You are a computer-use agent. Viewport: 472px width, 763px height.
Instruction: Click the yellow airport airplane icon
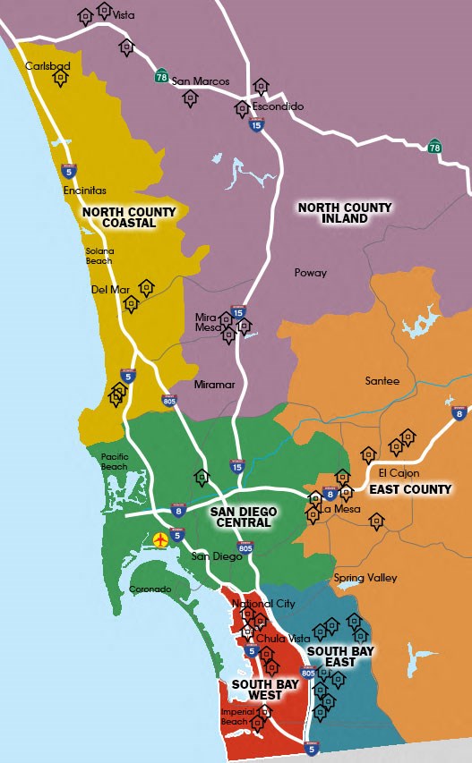[x=160, y=539]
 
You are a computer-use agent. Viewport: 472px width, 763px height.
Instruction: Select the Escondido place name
[x=278, y=106]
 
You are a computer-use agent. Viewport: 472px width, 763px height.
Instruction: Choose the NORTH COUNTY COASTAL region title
[x=129, y=217]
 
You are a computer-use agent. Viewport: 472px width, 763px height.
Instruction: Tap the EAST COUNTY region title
[x=410, y=489]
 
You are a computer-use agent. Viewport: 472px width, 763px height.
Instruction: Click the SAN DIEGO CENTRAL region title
[x=243, y=518]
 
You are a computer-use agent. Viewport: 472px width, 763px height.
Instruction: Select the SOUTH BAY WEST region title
[x=258, y=690]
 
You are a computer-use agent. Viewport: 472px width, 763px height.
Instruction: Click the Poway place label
[x=310, y=273]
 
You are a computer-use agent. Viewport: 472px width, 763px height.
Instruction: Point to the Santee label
[x=382, y=381]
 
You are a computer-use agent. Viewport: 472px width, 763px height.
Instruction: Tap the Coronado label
[x=150, y=589]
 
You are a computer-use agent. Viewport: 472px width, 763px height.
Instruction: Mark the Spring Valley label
[x=365, y=578]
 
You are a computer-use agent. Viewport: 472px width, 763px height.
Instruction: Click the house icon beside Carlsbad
[x=60, y=79]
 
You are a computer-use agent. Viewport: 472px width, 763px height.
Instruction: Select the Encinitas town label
[x=85, y=191]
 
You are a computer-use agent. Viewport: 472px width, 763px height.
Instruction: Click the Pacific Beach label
[x=115, y=461]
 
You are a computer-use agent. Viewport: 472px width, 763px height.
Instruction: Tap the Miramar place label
[x=214, y=385]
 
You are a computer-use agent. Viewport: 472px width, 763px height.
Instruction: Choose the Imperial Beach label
[x=236, y=716]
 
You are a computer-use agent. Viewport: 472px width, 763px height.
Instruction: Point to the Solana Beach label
[x=99, y=256]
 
